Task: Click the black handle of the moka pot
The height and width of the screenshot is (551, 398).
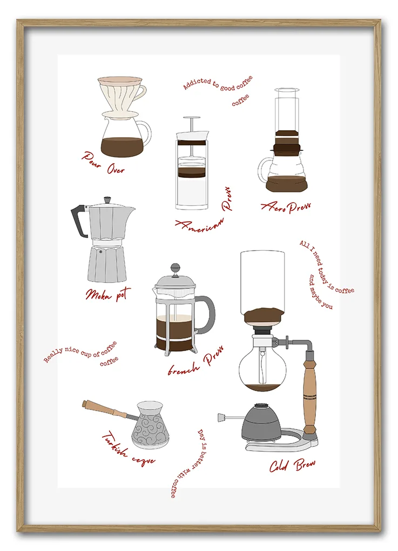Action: click(78, 221)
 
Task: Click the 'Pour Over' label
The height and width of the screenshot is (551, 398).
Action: click(103, 163)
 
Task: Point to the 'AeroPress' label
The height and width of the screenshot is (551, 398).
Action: click(286, 207)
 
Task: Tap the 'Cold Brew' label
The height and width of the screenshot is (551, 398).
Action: click(292, 465)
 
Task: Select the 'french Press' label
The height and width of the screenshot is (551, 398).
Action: click(195, 361)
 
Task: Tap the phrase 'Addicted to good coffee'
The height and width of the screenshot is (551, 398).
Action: click(218, 84)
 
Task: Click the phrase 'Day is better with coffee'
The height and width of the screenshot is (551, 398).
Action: click(189, 463)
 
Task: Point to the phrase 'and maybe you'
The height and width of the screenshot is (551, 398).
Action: click(320, 292)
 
